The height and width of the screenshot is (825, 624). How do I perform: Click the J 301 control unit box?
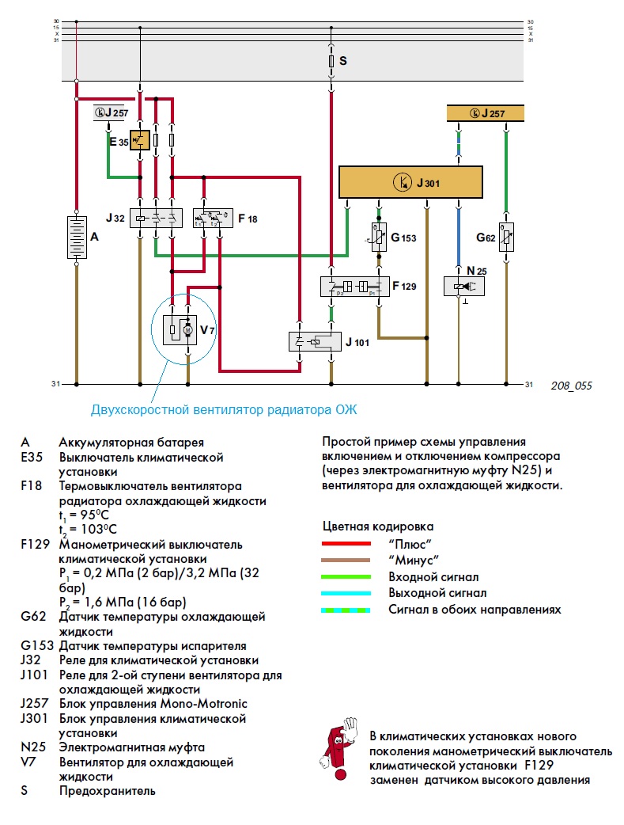(410, 182)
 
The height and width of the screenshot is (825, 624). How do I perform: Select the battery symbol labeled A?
(77, 238)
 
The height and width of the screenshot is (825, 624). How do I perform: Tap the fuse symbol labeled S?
(331, 61)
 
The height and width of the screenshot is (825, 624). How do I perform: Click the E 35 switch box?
(140, 140)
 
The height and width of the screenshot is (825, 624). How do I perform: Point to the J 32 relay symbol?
(156, 218)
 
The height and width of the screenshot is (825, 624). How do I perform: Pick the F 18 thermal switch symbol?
(213, 218)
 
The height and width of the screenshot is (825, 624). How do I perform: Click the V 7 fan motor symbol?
(180, 330)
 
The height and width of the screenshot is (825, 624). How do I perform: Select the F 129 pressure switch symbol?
(355, 287)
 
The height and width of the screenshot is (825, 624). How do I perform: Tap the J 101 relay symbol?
(315, 341)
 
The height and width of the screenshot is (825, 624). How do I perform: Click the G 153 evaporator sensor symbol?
(379, 238)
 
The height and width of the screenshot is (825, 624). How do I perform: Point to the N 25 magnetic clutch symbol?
(464, 287)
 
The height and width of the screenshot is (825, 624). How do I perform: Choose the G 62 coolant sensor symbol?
(506, 238)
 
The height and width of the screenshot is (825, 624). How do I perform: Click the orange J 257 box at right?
(486, 113)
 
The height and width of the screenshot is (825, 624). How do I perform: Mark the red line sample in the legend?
(346, 543)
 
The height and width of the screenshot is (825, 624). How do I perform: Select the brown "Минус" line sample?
(346, 560)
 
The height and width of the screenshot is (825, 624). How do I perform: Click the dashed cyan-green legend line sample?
(346, 610)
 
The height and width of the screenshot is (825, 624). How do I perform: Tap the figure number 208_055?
(572, 386)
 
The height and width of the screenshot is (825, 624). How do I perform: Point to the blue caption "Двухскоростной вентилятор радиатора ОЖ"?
(224, 410)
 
